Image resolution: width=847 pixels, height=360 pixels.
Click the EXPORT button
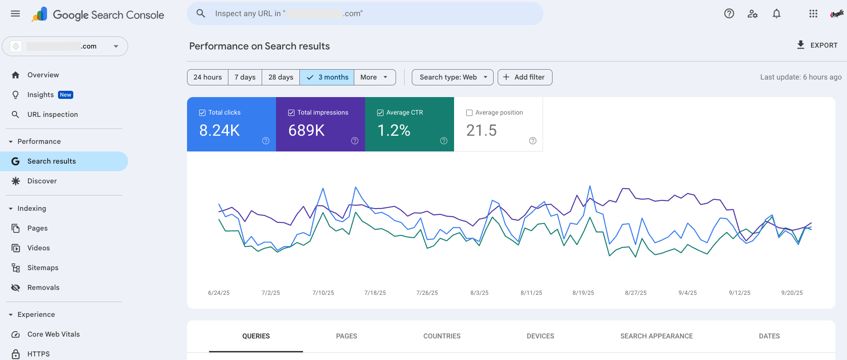coord(817,45)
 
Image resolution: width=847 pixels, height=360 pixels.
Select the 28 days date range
coord(281,77)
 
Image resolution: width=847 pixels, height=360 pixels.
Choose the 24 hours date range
coord(207,77)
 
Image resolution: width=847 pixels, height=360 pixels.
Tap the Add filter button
coord(525,77)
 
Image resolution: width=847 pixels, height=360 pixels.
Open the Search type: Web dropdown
coord(452,77)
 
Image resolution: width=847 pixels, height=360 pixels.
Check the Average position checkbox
coord(469,113)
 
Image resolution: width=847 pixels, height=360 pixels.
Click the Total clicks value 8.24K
coord(219,130)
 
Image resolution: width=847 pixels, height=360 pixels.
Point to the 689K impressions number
coord(306,130)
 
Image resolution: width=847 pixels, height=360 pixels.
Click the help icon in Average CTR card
coord(444,141)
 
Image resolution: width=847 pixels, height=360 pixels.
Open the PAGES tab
coord(346,336)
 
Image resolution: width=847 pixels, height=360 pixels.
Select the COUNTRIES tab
coord(441,336)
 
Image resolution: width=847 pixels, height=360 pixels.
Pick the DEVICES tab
coord(540,336)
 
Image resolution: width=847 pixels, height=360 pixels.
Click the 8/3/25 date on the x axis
coord(479,293)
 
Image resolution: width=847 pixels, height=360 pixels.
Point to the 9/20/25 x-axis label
coord(792,293)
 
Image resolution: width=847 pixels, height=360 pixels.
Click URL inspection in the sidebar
coord(52,115)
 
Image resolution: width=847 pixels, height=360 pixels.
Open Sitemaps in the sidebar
coord(43,268)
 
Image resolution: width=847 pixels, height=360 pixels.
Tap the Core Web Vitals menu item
coord(53,334)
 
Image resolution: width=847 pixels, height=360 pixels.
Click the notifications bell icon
coord(776,14)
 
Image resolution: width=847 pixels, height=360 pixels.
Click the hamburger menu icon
coord(15,13)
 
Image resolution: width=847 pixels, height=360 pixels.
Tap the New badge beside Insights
coord(66,95)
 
